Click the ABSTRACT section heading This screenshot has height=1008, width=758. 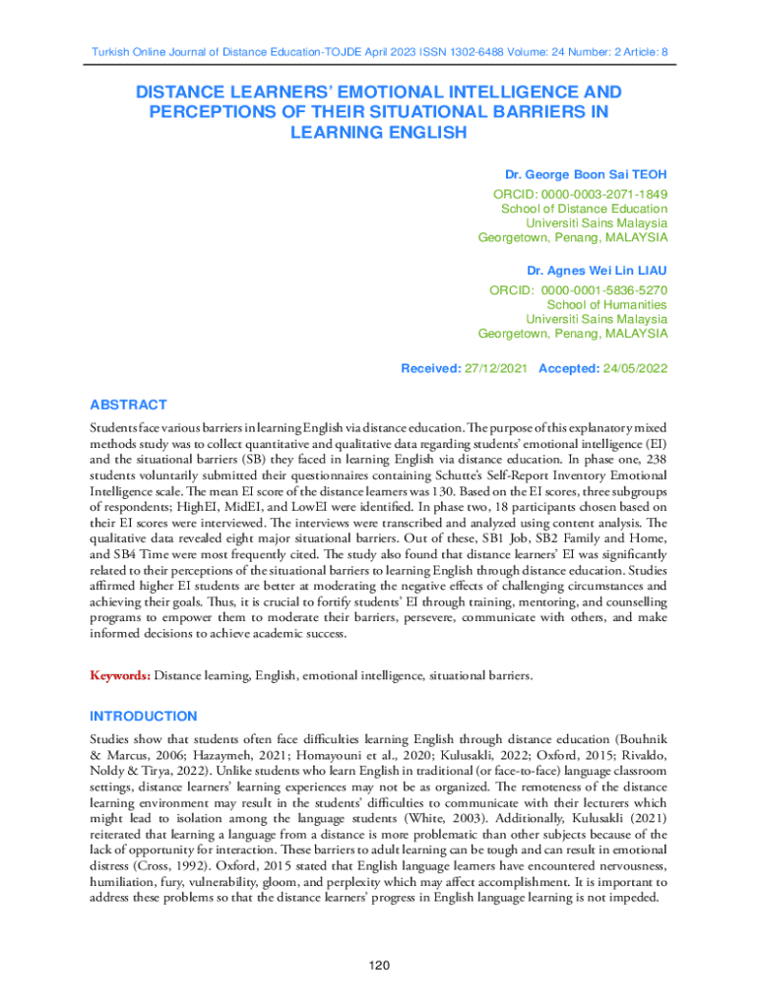(x=128, y=405)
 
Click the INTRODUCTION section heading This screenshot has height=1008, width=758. (x=143, y=716)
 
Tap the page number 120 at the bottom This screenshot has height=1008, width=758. (x=380, y=966)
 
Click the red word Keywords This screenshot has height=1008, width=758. (x=119, y=676)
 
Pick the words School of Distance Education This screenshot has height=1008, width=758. (x=585, y=208)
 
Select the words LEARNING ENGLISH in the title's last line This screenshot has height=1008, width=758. (x=379, y=132)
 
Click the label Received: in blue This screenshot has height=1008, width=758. (x=429, y=368)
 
